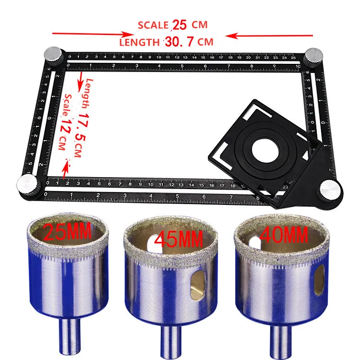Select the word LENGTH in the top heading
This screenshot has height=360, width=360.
[x=139, y=42]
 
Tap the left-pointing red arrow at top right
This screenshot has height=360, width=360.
[x=271, y=35]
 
